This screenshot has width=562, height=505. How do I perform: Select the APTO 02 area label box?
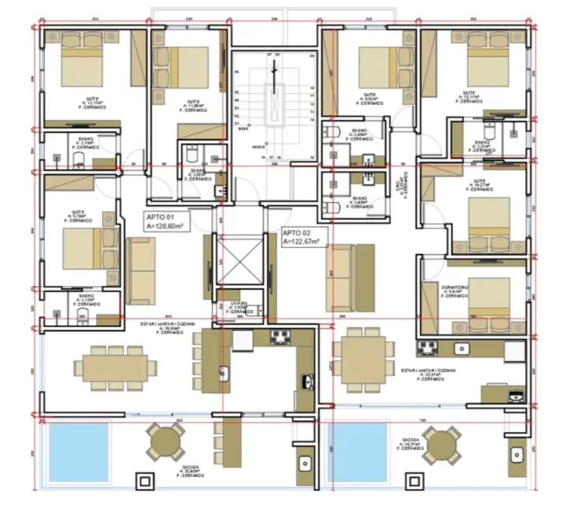(304, 237)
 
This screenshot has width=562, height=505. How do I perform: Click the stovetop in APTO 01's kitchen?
(279, 337)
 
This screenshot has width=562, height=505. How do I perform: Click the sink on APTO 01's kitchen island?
(224, 372)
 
